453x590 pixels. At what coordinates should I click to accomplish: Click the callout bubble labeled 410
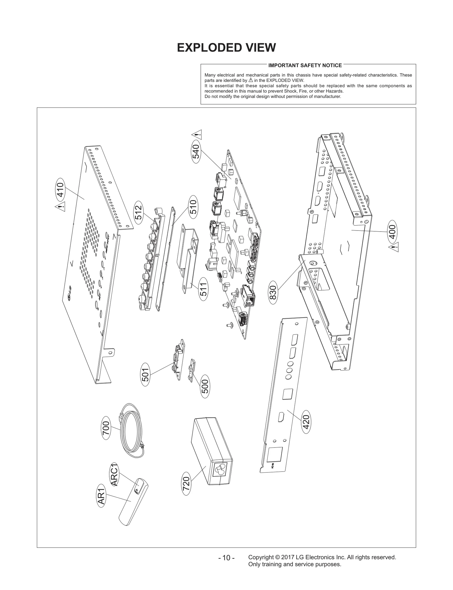click(x=60, y=190)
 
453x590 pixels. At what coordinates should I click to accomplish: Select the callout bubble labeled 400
click(x=393, y=231)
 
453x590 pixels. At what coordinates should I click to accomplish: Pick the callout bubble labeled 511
click(x=203, y=289)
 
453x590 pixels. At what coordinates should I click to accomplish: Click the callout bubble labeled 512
click(x=138, y=212)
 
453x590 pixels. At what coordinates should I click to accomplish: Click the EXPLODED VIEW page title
click(x=226, y=48)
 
